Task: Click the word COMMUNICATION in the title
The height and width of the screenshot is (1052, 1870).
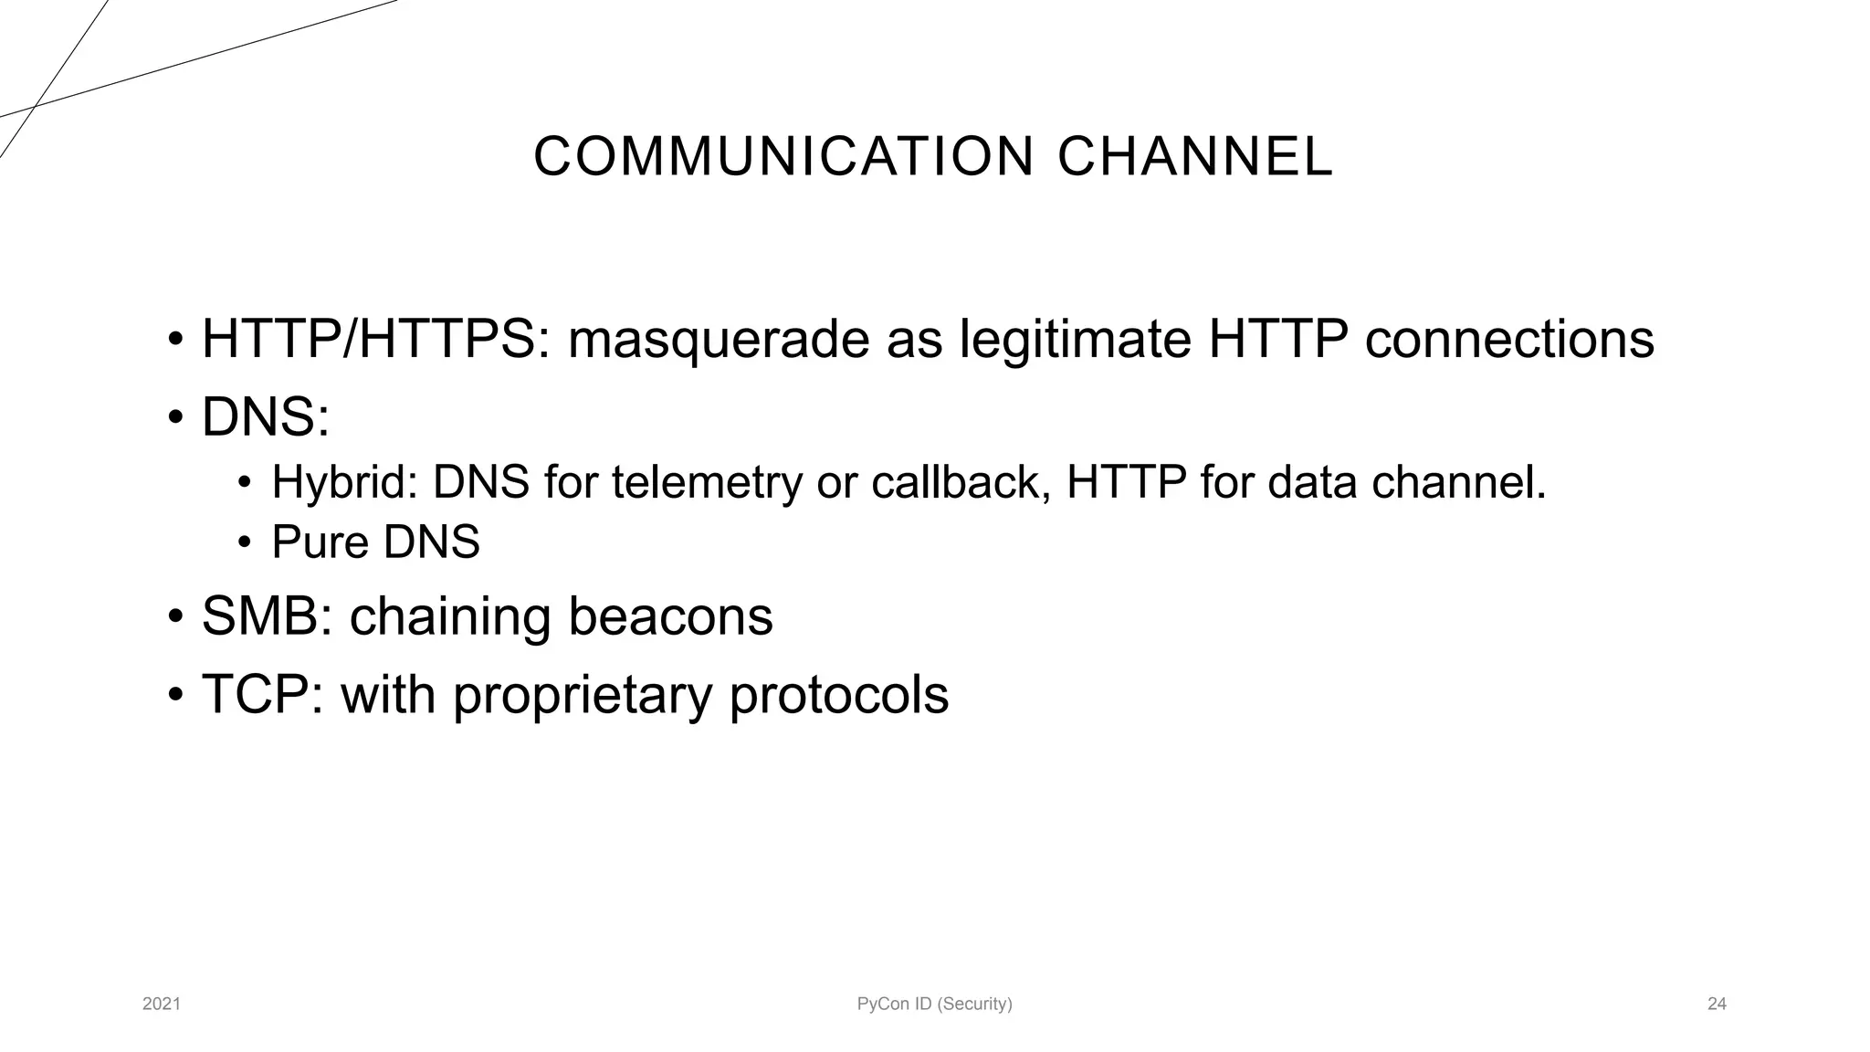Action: point(783,156)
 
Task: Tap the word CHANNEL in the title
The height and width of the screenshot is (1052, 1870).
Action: point(1195,156)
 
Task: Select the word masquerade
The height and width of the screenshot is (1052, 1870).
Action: point(719,340)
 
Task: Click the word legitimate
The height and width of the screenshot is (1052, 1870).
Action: point(1076,340)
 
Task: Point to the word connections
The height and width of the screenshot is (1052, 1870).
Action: point(1508,340)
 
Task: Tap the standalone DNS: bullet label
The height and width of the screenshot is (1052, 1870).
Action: point(265,417)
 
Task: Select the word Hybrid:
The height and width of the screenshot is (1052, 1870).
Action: point(344,482)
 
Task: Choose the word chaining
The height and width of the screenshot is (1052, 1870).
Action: point(450,616)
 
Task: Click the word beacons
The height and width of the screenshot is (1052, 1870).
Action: point(670,616)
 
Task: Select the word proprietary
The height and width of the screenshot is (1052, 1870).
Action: point(582,696)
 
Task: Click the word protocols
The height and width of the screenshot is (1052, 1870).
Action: point(838,696)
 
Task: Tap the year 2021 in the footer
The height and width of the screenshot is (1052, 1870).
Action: point(162,1005)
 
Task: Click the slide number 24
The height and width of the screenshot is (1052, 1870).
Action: point(1717,1005)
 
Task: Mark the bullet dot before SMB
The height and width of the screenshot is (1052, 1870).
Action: point(175,617)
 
